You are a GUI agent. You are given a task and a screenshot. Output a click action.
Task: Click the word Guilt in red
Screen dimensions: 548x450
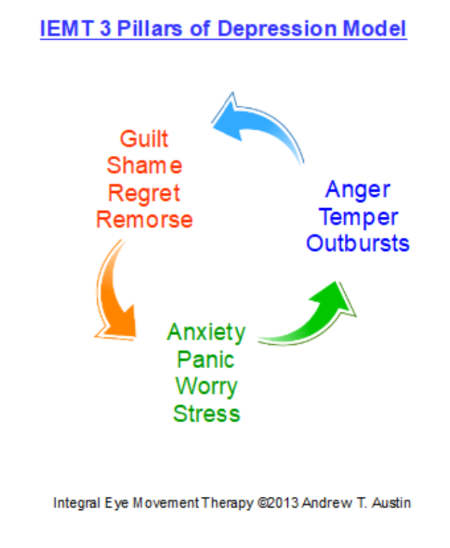144,139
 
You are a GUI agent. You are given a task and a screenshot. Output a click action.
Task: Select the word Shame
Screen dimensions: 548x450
144,166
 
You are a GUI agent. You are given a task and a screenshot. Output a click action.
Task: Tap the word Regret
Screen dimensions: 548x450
144,193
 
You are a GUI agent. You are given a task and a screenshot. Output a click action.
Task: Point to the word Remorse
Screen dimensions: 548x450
144,220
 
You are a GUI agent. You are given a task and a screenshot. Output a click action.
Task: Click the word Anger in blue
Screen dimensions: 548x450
357,190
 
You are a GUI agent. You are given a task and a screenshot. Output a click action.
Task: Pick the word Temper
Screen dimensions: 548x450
358,217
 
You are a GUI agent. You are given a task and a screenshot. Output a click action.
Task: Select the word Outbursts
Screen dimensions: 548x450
358,243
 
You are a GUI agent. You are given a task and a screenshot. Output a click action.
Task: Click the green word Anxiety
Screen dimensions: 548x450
206,332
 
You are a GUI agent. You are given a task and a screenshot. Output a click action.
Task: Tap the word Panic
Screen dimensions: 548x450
206,360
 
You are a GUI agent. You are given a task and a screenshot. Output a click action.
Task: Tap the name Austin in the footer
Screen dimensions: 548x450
391,503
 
